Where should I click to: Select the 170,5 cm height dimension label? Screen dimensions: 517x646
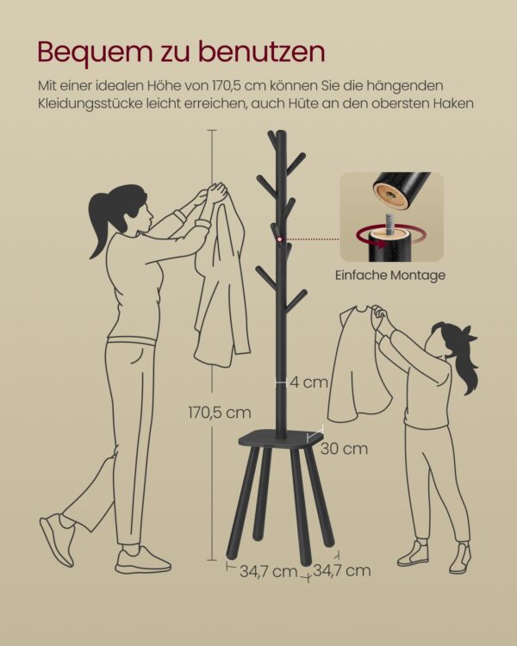pos(220,413)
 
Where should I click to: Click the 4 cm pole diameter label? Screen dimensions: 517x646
pos(308,382)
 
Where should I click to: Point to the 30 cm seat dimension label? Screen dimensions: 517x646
pos(345,448)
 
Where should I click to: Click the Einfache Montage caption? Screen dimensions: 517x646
pos(390,275)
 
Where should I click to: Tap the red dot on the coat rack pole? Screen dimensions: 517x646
pos(279,239)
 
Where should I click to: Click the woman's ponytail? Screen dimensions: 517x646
pos(100,232)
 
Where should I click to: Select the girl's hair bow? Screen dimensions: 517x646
pos(469,333)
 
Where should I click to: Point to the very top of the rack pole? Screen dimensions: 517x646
pos(282,132)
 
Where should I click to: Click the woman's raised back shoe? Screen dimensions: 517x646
pos(58,538)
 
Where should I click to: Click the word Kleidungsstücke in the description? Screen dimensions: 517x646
pos(89,103)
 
